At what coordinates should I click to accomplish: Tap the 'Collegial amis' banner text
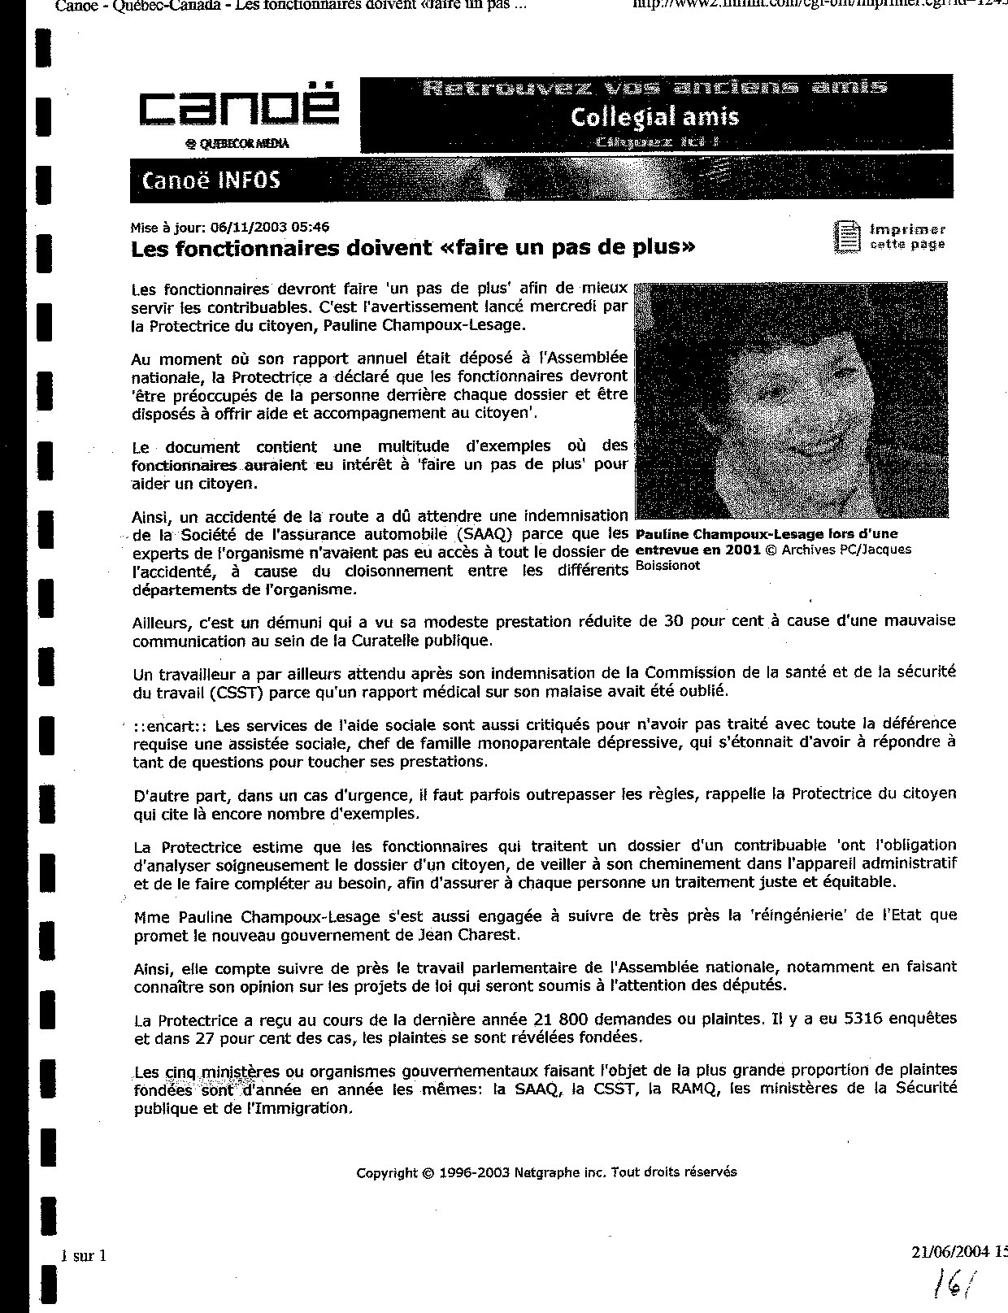pyautogui.click(x=654, y=117)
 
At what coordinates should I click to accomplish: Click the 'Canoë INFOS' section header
pyautogui.click(x=211, y=180)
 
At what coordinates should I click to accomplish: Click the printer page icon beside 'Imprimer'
pyautogui.click(x=847, y=237)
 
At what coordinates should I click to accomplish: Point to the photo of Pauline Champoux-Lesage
pyautogui.click(x=791, y=399)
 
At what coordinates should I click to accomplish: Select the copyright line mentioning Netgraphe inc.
pyautogui.click(x=546, y=1172)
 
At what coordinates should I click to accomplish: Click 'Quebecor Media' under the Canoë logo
pyautogui.click(x=237, y=144)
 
